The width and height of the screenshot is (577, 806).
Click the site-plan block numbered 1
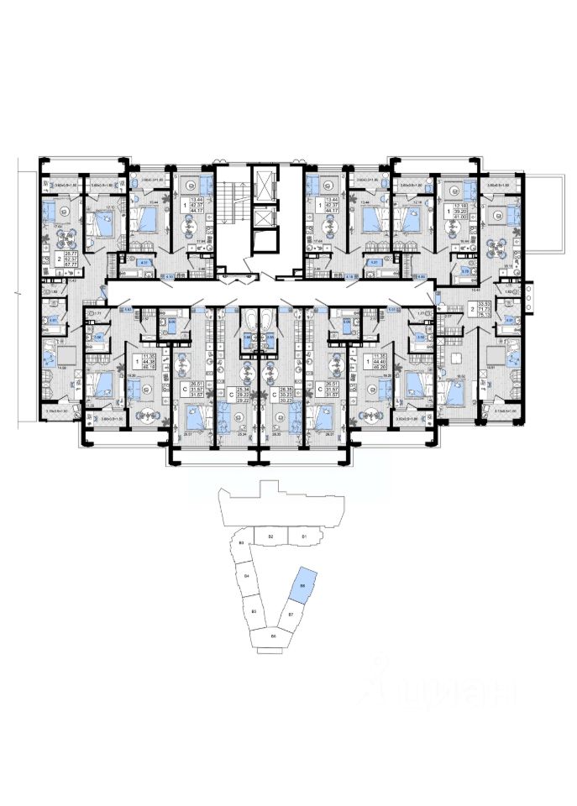tap(303, 536)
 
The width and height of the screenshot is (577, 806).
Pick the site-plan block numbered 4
tap(247, 578)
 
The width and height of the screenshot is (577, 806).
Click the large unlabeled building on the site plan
tap(277, 504)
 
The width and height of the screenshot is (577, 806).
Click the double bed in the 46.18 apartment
tap(100, 385)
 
